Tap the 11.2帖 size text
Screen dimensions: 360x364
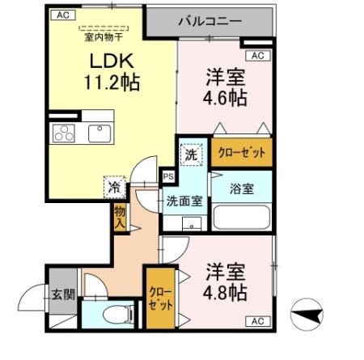click(x=109, y=82)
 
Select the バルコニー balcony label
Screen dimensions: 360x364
click(x=209, y=20)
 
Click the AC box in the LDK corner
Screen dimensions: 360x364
click(x=61, y=15)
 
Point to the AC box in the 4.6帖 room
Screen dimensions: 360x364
click(x=257, y=55)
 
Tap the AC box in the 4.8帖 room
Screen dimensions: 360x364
click(x=258, y=320)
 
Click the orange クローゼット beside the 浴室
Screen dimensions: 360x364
click(x=242, y=152)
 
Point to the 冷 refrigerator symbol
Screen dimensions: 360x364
click(x=114, y=187)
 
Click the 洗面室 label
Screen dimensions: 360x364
click(x=184, y=201)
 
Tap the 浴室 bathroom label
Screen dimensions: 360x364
click(x=242, y=188)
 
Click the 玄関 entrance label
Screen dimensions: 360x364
click(x=63, y=294)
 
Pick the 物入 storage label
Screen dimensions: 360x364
click(x=120, y=216)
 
